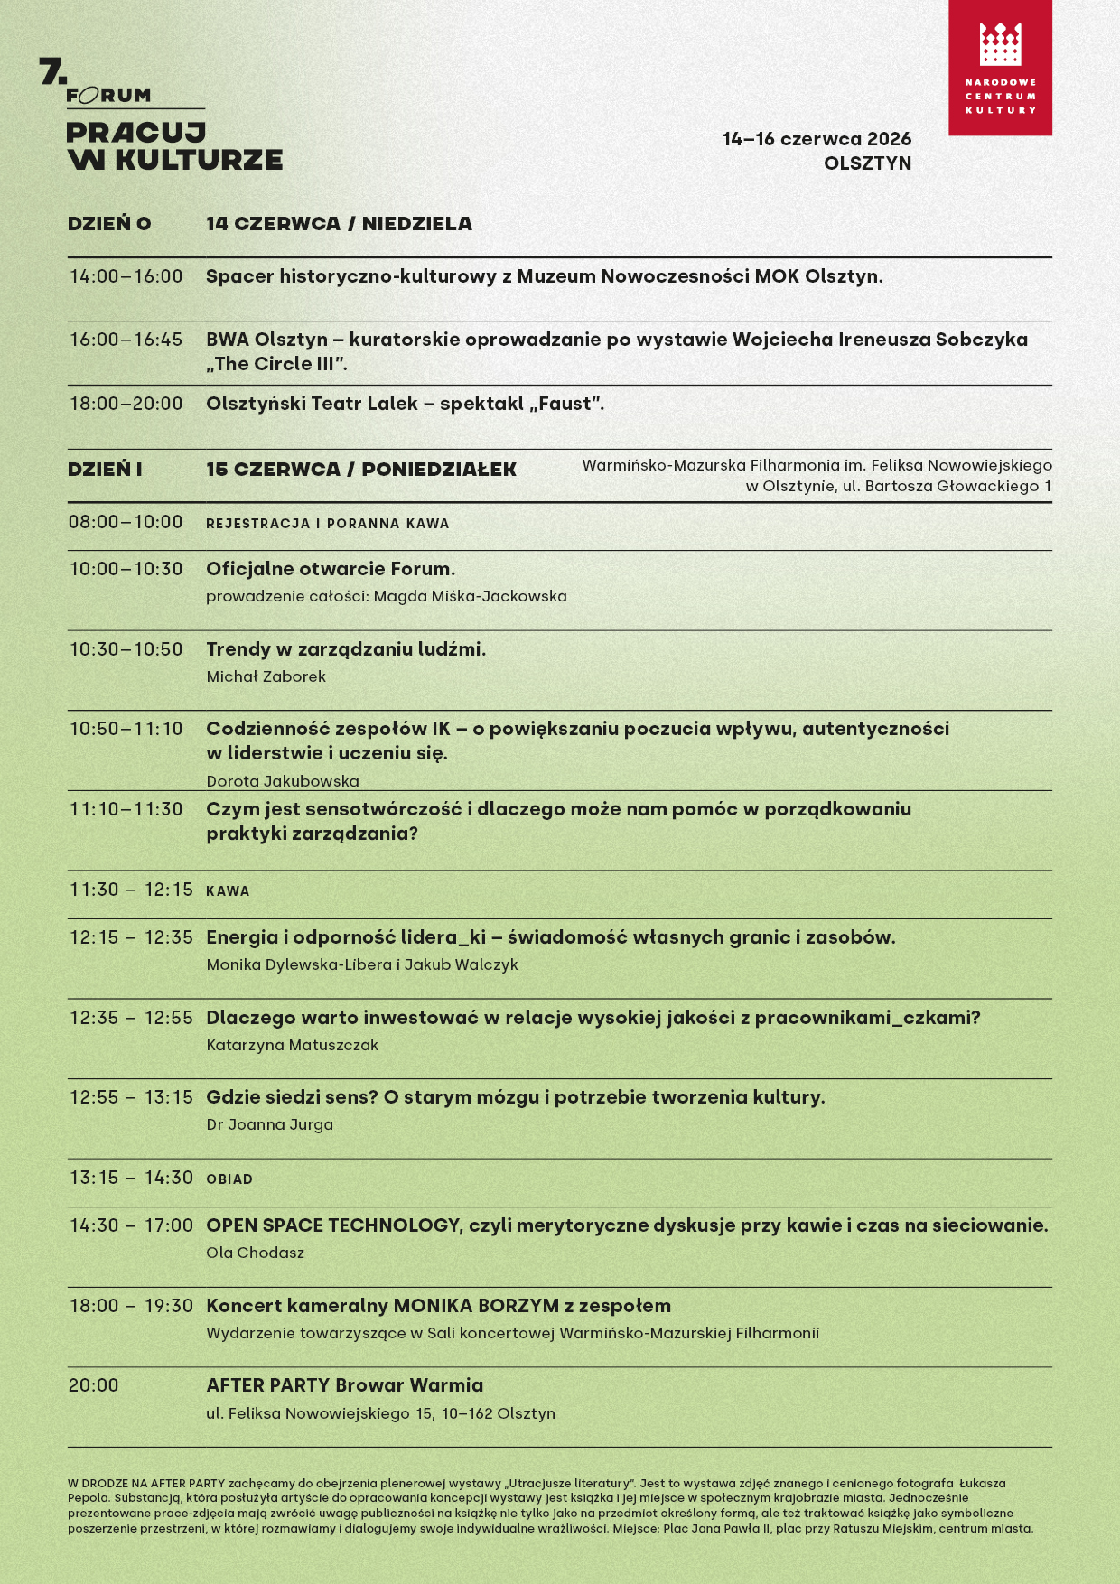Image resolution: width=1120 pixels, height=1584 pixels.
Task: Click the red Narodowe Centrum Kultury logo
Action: click(x=1000, y=68)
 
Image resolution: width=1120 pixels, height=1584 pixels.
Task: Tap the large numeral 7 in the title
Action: click(x=52, y=71)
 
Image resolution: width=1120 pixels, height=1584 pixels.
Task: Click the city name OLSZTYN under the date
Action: click(x=867, y=163)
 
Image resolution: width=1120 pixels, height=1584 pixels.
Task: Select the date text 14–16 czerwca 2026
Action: click(x=817, y=139)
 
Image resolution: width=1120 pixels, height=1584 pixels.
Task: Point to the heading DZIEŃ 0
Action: click(x=109, y=224)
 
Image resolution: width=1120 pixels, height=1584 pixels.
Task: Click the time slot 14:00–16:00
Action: click(x=126, y=276)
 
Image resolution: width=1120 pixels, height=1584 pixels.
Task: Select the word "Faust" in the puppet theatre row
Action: click(x=565, y=404)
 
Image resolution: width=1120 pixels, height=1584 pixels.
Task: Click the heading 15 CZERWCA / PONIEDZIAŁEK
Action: click(x=361, y=470)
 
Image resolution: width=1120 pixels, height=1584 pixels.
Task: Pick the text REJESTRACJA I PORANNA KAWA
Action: click(x=327, y=524)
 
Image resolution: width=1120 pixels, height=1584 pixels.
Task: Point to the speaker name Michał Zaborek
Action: click(x=266, y=676)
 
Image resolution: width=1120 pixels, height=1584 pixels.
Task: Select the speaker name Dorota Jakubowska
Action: click(x=283, y=781)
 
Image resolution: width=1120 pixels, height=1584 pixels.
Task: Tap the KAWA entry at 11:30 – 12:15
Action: click(x=228, y=891)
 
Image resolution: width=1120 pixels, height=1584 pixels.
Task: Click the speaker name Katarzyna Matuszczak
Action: click(x=292, y=1045)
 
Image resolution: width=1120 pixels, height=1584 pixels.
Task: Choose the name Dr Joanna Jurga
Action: click(x=269, y=1124)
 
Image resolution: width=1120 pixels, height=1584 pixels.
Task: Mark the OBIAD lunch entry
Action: click(x=229, y=1179)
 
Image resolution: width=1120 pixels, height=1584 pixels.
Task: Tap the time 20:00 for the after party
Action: click(x=94, y=1385)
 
